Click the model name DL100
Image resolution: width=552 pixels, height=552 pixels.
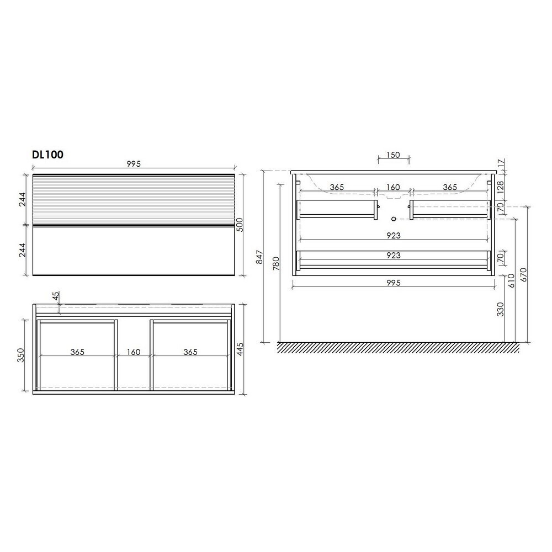click(48, 155)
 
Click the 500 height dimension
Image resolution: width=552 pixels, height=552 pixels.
click(240, 224)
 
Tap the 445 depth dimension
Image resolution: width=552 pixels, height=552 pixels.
click(240, 349)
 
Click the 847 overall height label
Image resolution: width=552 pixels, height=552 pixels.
click(259, 257)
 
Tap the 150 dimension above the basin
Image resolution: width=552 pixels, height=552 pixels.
click(393, 155)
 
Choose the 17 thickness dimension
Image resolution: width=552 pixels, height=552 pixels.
click(501, 163)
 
